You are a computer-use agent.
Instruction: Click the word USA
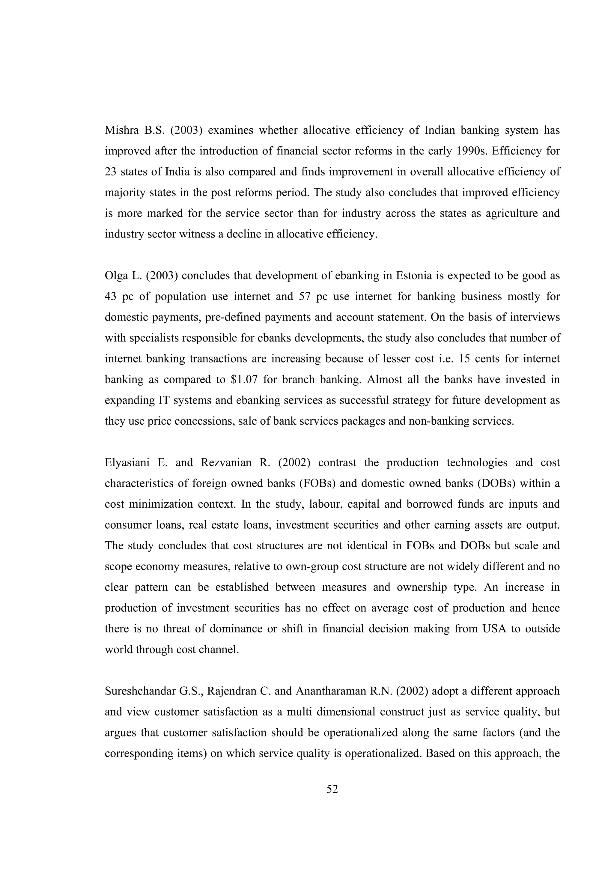(x=494, y=629)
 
